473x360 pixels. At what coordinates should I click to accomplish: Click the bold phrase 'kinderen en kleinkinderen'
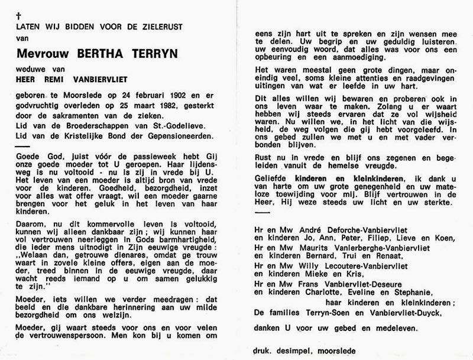pyautogui.click(x=354, y=179)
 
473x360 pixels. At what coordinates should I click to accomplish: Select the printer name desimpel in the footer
pyautogui.click(x=290, y=350)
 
